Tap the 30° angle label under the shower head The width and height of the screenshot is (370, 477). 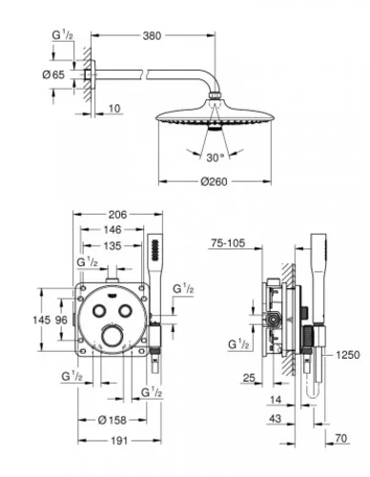click(x=215, y=156)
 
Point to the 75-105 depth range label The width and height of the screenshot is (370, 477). click(x=226, y=243)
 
